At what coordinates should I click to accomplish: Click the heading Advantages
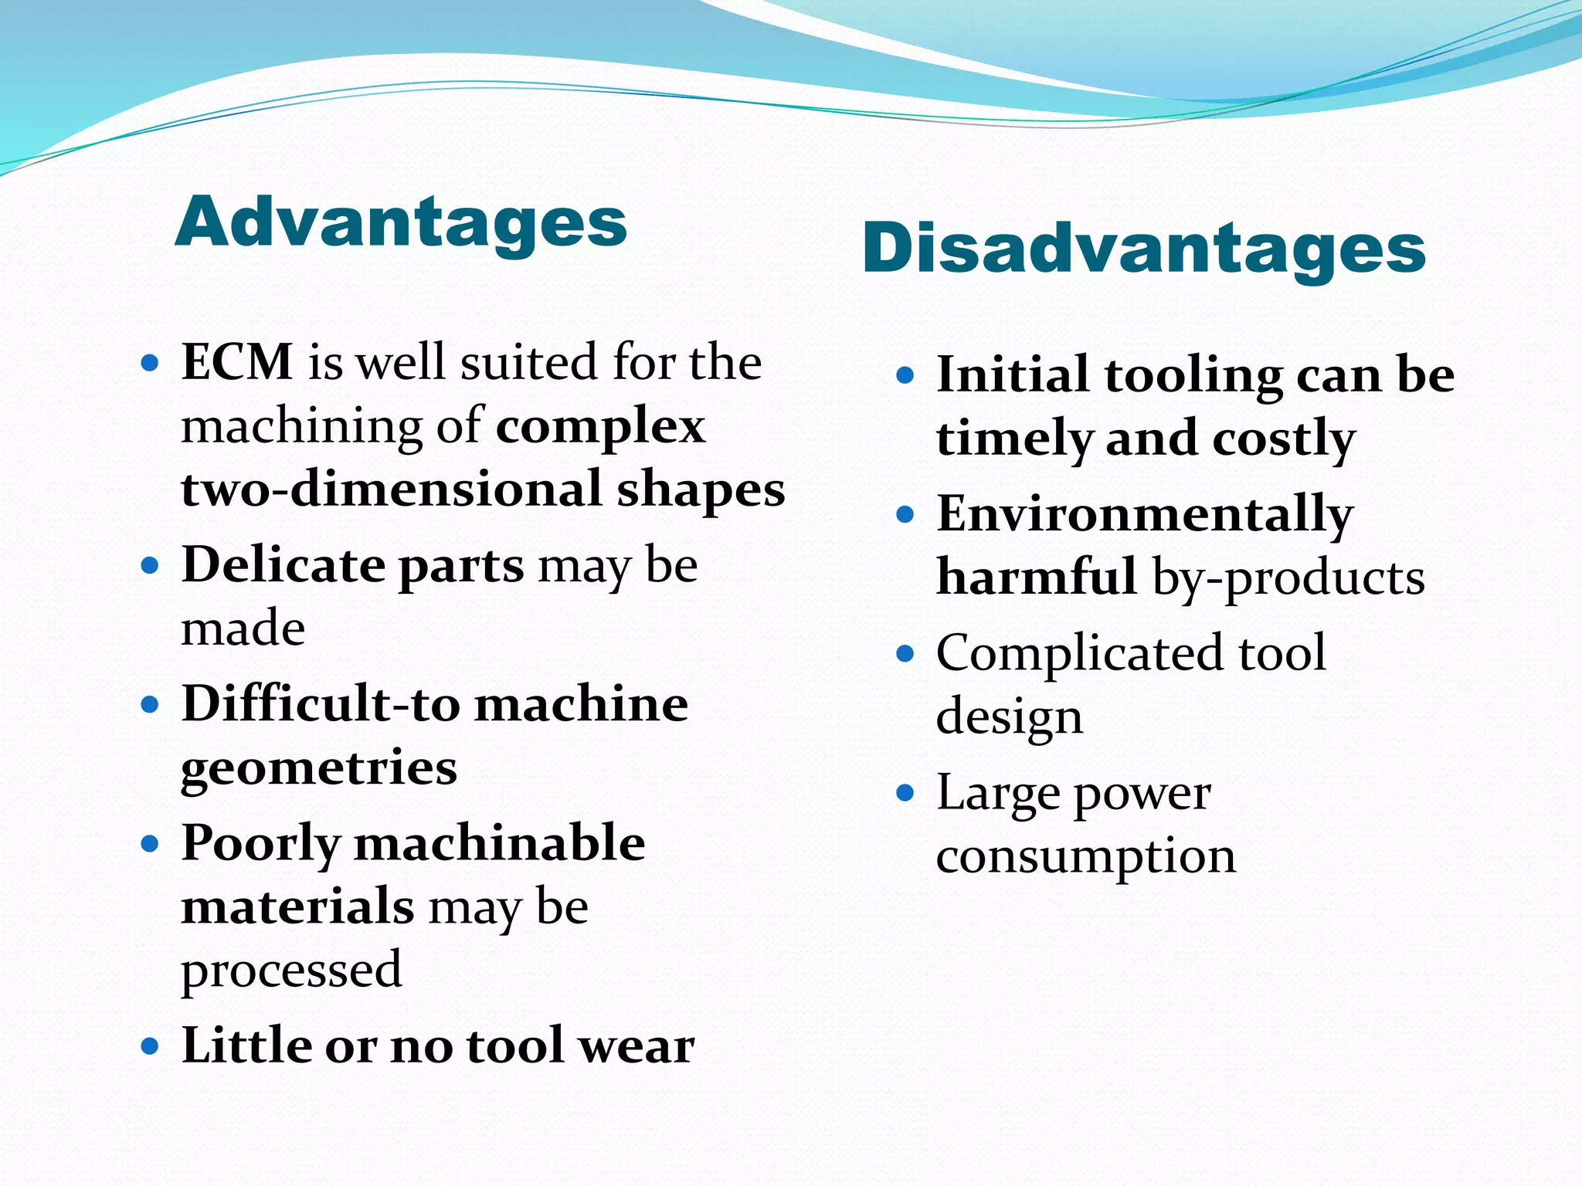coord(401,222)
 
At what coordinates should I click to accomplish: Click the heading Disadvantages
coord(1143,249)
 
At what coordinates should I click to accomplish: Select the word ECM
coord(236,361)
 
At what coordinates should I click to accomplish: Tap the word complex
coord(600,427)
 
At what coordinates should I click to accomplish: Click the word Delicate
coord(283,564)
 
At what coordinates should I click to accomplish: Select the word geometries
coord(319,768)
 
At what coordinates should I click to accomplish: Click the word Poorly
coord(260,844)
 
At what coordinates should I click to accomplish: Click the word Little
coord(246,1045)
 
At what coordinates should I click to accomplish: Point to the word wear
coord(637,1047)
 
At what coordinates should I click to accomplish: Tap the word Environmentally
coord(1144,514)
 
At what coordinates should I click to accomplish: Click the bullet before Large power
coord(905,793)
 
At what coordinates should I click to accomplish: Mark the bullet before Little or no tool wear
coord(150,1046)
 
